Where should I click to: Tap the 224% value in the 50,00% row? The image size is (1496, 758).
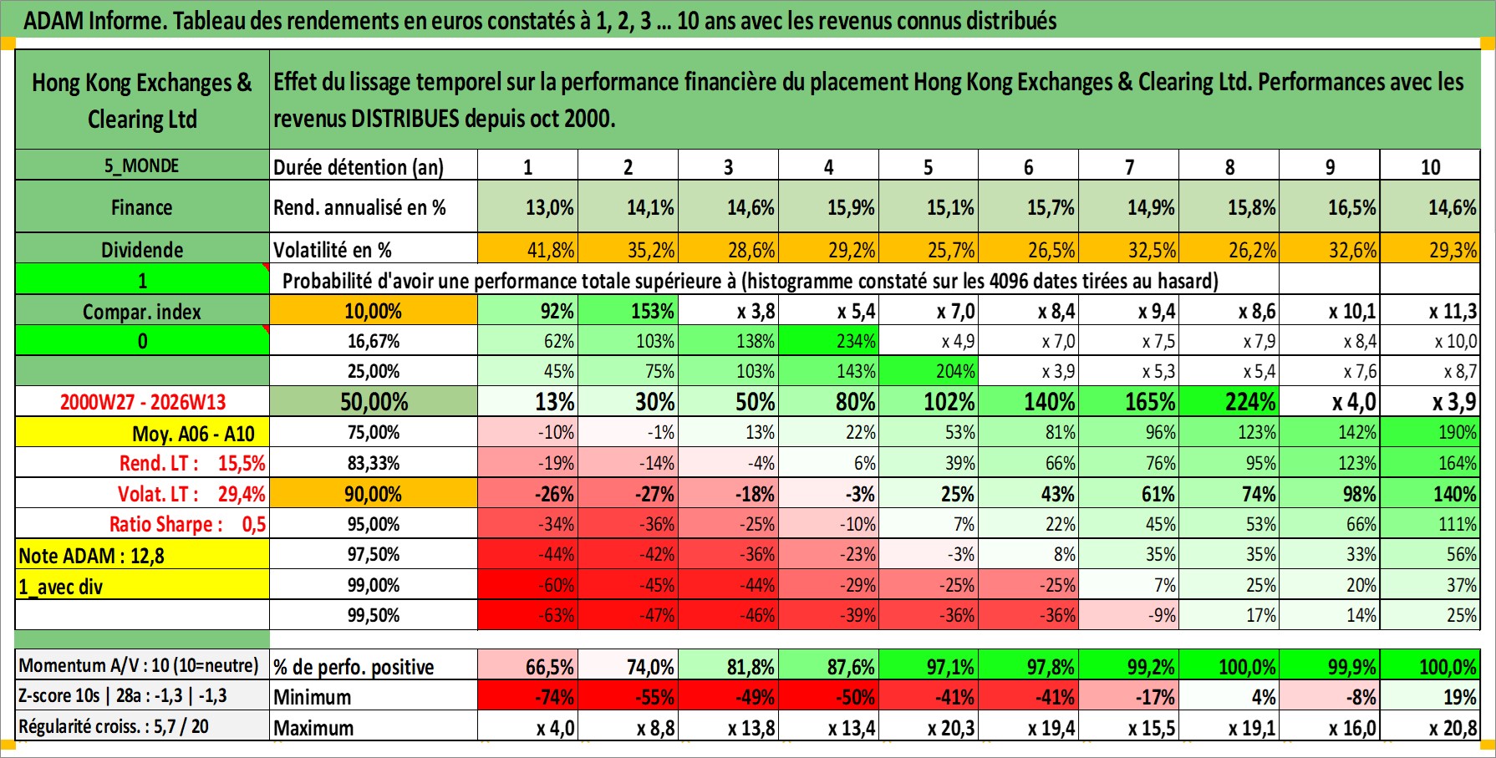point(1249,402)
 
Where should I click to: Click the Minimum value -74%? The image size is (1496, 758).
point(554,697)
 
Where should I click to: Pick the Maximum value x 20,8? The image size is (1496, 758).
point(1453,728)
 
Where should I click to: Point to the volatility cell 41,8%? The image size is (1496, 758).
point(550,250)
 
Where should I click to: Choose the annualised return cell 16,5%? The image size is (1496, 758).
point(1351,207)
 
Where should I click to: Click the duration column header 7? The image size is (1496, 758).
point(1129,167)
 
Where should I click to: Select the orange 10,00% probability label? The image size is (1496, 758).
point(373,311)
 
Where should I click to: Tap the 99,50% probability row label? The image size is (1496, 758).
point(373,615)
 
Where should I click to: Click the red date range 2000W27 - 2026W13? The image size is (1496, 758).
point(143,402)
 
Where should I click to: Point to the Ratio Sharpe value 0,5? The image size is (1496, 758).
point(254,525)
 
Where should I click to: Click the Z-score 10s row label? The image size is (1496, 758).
point(123,696)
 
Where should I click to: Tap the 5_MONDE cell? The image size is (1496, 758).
point(141,165)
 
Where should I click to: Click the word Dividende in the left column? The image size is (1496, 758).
point(142,250)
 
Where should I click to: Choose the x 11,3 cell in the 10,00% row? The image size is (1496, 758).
point(1453,311)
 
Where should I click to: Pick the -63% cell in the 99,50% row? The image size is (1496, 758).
point(554,615)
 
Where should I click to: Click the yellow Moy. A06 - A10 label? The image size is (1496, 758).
point(193,433)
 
